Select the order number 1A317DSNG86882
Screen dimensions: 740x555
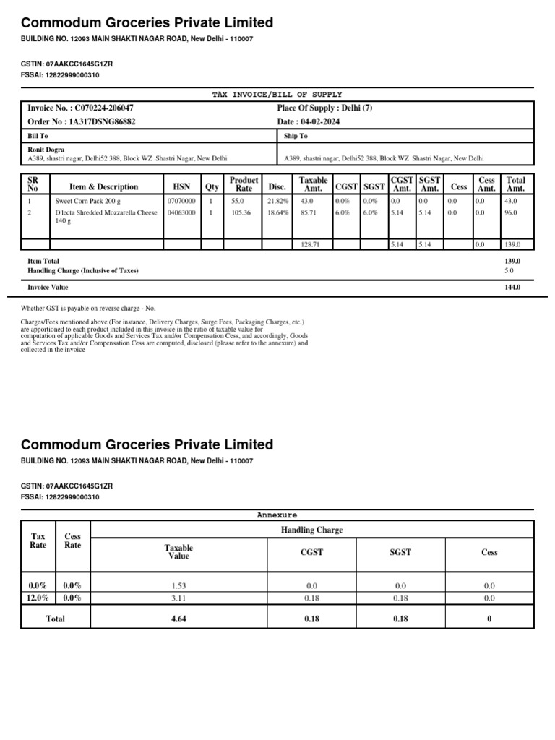pyautogui.click(x=100, y=121)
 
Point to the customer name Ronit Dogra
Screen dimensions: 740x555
pyautogui.click(x=46, y=150)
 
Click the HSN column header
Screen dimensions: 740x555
pyautogui.click(x=181, y=187)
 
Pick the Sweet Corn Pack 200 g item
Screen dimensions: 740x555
pyautogui.click(x=84, y=201)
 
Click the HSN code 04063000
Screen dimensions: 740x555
pyautogui.click(x=181, y=213)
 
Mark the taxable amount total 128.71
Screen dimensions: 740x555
pyautogui.click(x=310, y=245)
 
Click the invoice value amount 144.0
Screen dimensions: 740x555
pyautogui.click(x=512, y=287)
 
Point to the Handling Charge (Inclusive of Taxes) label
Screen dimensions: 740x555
pyautogui.click(x=82, y=270)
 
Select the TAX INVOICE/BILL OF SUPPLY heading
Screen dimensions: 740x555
pyautogui.click(x=277, y=95)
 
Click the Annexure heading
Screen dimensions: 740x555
pyautogui.click(x=277, y=515)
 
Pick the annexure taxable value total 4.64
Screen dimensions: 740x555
pyautogui.click(x=178, y=619)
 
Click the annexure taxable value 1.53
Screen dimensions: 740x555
pyautogui.click(x=178, y=585)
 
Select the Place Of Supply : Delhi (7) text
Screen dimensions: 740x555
pyautogui.click(x=324, y=108)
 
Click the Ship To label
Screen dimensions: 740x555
pyautogui.click(x=296, y=136)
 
